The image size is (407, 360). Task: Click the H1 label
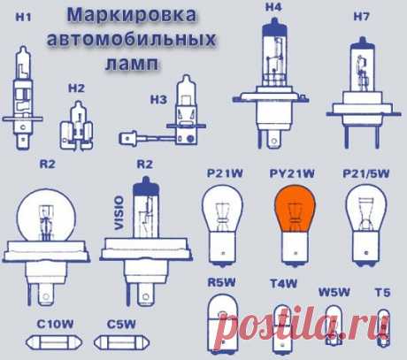point(23,17)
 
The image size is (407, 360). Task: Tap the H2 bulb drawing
point(77,126)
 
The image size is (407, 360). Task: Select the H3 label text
point(158,100)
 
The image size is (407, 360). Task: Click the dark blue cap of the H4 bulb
point(274,27)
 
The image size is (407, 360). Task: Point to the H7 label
point(361,17)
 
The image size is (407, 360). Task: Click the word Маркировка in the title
point(132,15)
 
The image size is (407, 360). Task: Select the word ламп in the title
point(132,63)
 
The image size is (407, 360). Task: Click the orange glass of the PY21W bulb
point(295,208)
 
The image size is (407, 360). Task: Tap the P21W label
point(225,173)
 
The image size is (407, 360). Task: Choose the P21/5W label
point(366,173)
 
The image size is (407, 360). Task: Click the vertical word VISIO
point(119,213)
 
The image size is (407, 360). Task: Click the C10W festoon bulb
point(55,342)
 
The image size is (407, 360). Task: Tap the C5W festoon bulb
point(122,342)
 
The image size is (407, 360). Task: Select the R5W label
point(222,282)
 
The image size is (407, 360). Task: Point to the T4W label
point(284,283)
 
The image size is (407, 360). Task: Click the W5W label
point(334,292)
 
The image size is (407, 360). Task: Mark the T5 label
point(382,293)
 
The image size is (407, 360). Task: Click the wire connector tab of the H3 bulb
point(128,139)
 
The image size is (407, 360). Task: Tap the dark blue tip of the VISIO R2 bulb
point(146,186)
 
